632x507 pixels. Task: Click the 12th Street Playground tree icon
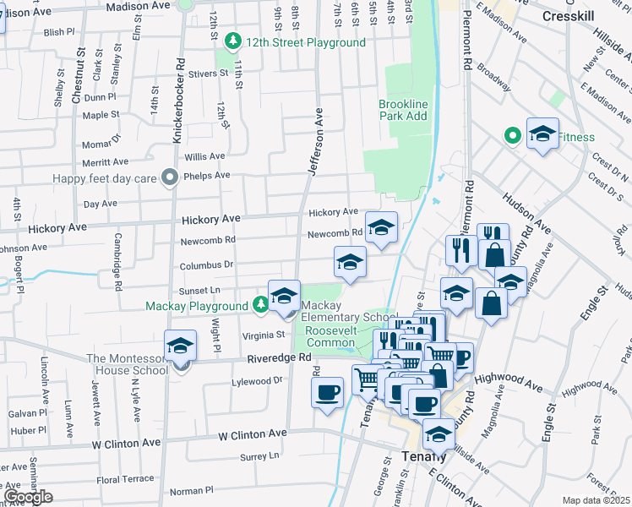pyautogui.click(x=232, y=41)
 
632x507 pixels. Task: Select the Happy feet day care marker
pyautogui.click(x=170, y=177)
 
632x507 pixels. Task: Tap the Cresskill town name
pyautogui.click(x=569, y=17)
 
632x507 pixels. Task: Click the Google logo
pyautogui.click(x=27, y=496)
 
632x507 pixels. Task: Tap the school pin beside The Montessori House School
pyautogui.click(x=180, y=346)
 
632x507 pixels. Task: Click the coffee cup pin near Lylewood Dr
pyautogui.click(x=327, y=393)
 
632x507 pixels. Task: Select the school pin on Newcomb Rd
pyautogui.click(x=381, y=228)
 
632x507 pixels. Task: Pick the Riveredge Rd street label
pyautogui.click(x=274, y=359)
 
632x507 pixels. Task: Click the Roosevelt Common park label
pyautogui.click(x=331, y=336)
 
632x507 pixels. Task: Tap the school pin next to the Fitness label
pyautogui.click(x=542, y=134)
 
